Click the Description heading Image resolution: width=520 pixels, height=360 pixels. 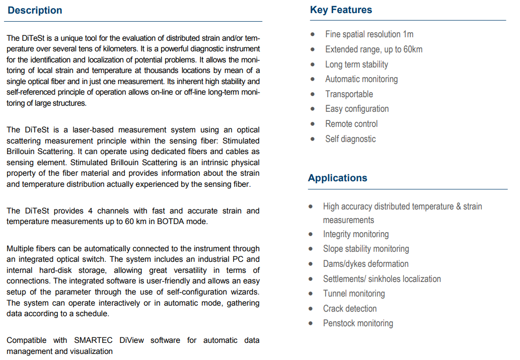(35, 11)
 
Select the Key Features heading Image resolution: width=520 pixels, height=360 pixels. (341, 10)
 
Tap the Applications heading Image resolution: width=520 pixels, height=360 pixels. (337, 178)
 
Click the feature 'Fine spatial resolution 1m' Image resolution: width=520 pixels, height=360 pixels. (369, 34)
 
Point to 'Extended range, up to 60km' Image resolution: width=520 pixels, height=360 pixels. (374, 49)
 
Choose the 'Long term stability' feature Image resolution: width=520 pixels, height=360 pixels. (356, 64)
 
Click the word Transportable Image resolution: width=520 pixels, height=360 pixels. (349, 94)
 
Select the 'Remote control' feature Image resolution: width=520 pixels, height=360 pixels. (351, 124)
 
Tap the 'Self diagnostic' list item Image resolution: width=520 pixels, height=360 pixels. (350, 139)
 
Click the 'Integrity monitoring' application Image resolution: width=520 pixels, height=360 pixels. (355, 234)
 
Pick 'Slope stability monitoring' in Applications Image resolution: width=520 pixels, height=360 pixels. (365, 249)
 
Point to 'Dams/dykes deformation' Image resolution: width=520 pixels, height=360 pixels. (365, 264)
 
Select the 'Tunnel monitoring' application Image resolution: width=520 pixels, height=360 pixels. (353, 294)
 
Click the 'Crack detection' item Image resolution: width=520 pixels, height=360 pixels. (349, 309)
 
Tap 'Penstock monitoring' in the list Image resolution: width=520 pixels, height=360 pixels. (357, 323)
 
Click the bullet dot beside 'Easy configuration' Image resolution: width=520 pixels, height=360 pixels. (313, 109)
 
